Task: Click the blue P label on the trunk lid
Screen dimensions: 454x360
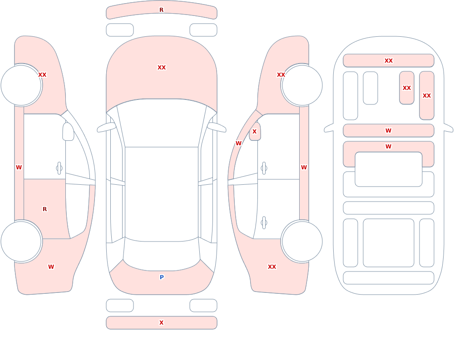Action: pos(162,277)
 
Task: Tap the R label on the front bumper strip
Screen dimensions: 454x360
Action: pos(162,10)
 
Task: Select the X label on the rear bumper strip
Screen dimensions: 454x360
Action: pos(162,323)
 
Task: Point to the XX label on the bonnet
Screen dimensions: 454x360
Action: pos(162,68)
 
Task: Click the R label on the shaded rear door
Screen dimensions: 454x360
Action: pos(44,209)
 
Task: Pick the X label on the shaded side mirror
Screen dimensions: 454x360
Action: pos(255,132)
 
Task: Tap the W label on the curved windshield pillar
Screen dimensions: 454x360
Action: pos(238,143)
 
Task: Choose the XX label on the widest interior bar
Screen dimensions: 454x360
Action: pos(389,60)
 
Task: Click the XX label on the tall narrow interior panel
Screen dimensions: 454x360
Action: pos(427,96)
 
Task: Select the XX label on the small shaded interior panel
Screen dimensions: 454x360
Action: pos(407,88)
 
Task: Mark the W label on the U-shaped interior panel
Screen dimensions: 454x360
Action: pos(389,147)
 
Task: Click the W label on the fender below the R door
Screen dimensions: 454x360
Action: pos(51,267)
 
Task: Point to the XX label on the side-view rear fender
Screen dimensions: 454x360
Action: pos(272,267)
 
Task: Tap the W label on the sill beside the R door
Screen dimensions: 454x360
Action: pos(19,168)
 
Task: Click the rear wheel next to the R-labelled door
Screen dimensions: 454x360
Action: pos(21,241)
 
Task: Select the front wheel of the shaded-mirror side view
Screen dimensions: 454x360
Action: pos(302,85)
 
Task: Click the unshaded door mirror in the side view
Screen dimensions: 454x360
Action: pos(68,132)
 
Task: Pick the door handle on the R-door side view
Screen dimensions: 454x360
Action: pos(59,168)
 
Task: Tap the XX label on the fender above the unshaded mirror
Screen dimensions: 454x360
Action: pos(42,75)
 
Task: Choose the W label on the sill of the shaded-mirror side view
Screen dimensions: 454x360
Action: pos(304,168)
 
